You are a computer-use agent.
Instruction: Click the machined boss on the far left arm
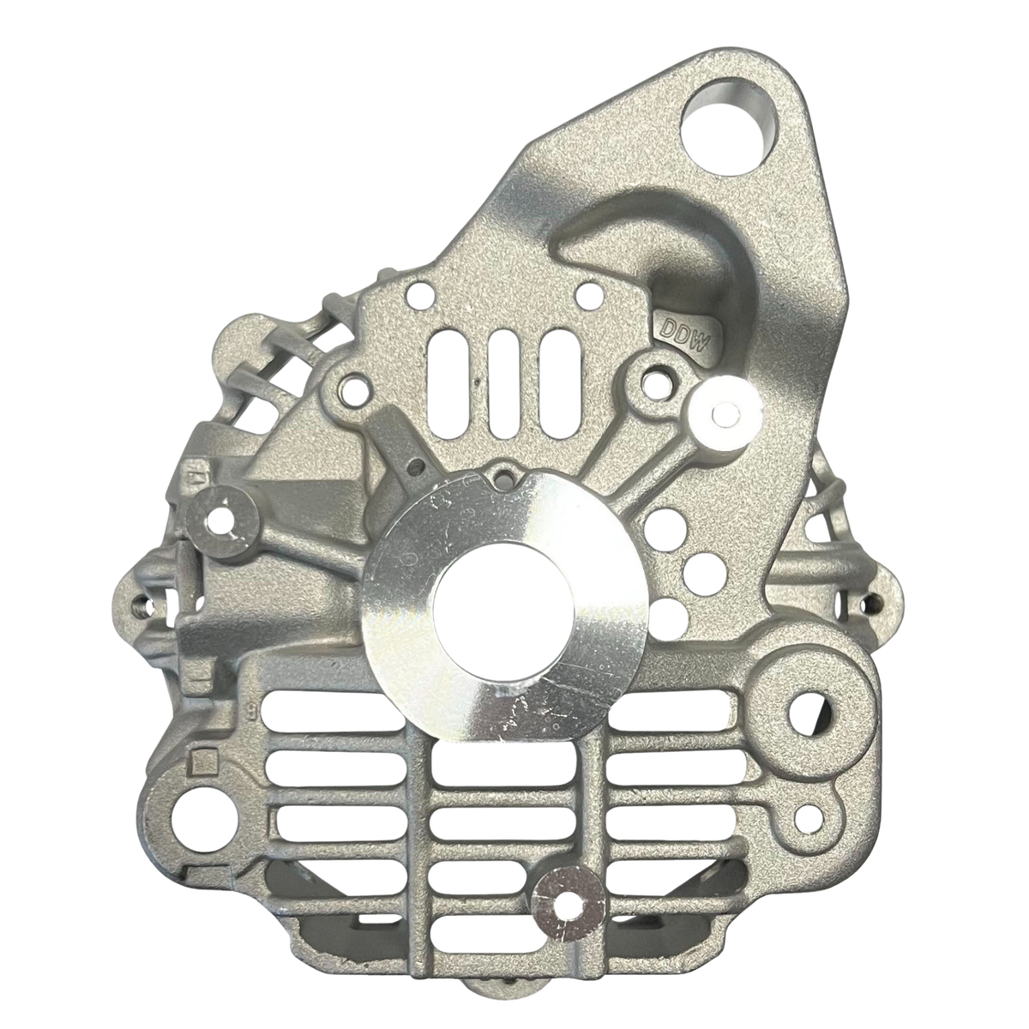pos(225,519)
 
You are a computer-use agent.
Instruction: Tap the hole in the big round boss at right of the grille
pos(811,708)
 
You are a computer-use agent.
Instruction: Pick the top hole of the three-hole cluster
pos(661,520)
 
